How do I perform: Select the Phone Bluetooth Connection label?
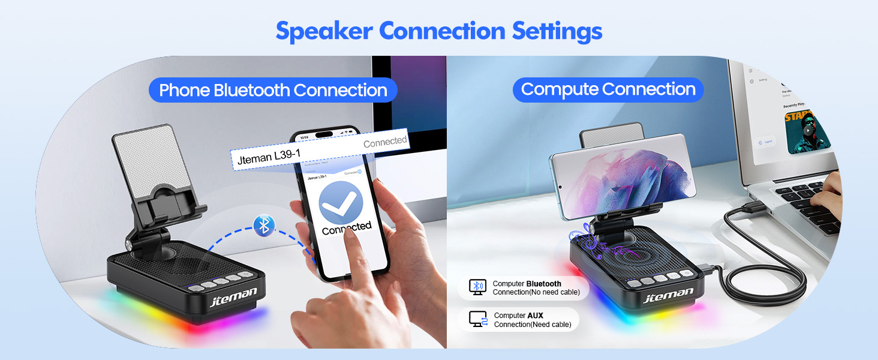pos(273,90)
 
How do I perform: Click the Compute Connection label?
pos(608,89)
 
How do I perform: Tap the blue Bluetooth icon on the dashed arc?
pos(263,226)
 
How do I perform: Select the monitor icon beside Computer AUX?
pos(478,319)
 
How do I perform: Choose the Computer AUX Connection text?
pos(533,320)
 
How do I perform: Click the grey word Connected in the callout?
pos(385,142)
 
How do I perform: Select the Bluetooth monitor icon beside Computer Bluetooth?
pos(477,287)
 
